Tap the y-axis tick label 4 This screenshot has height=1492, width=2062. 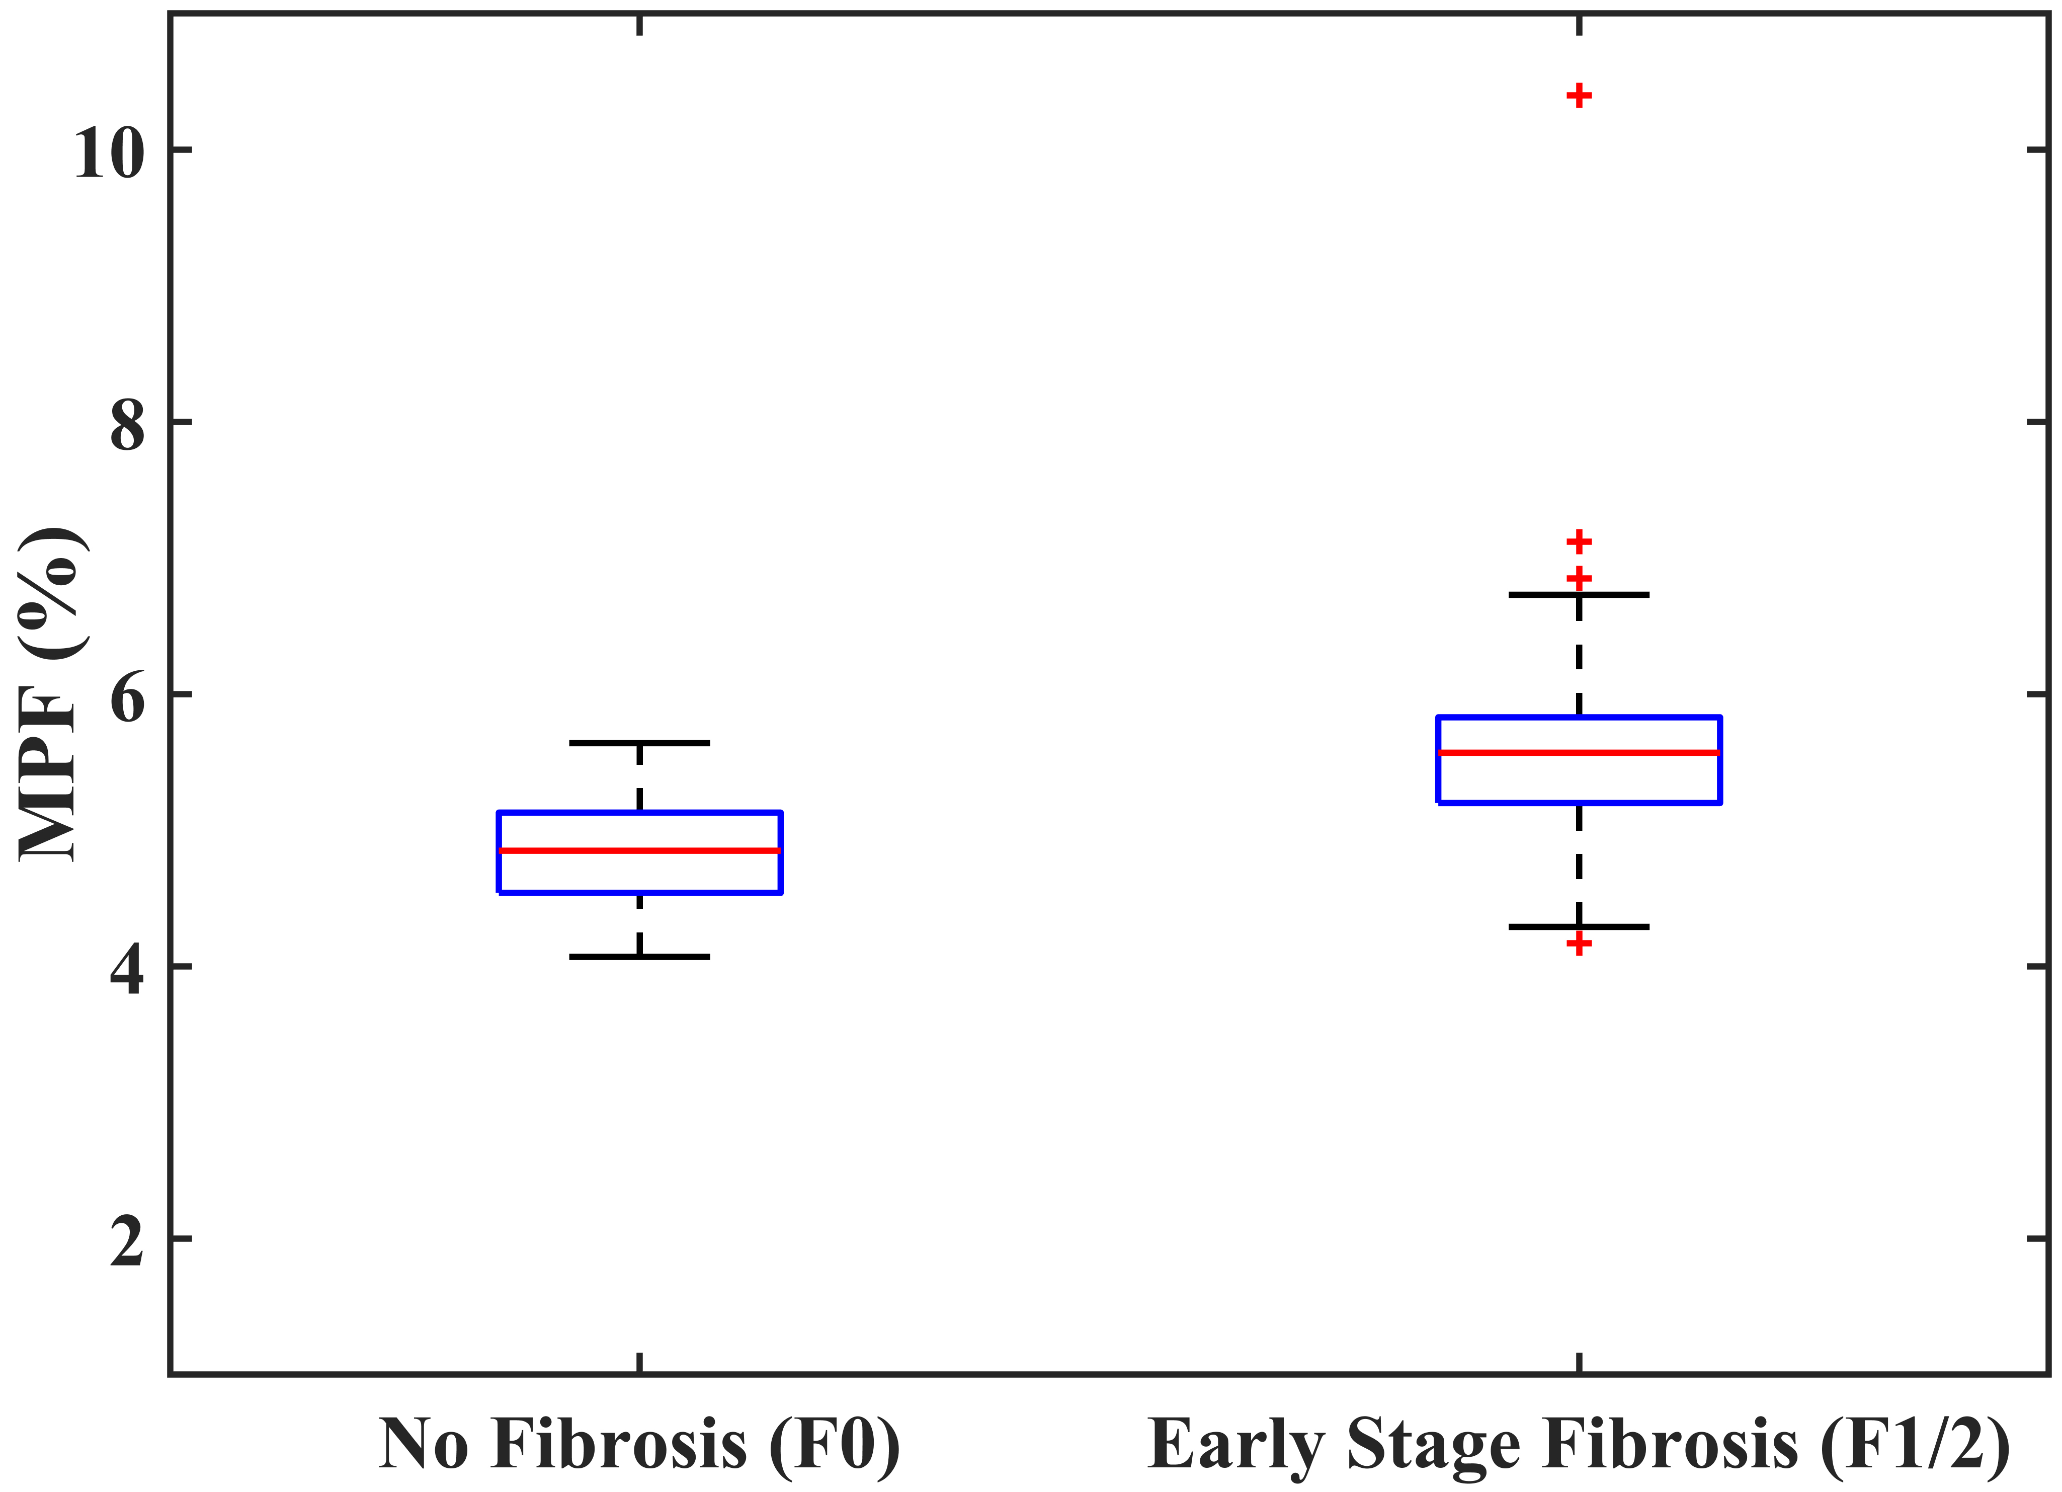click(x=127, y=969)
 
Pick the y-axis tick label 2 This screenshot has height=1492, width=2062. click(x=127, y=1241)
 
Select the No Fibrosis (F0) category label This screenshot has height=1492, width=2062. click(x=639, y=1444)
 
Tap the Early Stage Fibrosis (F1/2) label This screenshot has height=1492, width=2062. click(x=1579, y=1444)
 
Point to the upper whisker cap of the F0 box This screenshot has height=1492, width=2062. click(x=639, y=743)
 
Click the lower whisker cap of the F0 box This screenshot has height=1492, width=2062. click(x=639, y=957)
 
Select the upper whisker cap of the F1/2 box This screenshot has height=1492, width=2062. click(x=1579, y=595)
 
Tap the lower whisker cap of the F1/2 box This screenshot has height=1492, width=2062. click(x=1579, y=926)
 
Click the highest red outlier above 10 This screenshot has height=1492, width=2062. click(x=1579, y=96)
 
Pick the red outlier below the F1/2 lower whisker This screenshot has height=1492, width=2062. click(x=1579, y=944)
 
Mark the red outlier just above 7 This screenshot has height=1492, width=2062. click(x=1579, y=542)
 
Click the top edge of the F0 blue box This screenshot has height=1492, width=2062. click(x=639, y=813)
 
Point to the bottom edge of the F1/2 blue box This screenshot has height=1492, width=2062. click(x=1579, y=802)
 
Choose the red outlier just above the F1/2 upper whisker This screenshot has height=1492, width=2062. click(x=1579, y=577)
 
